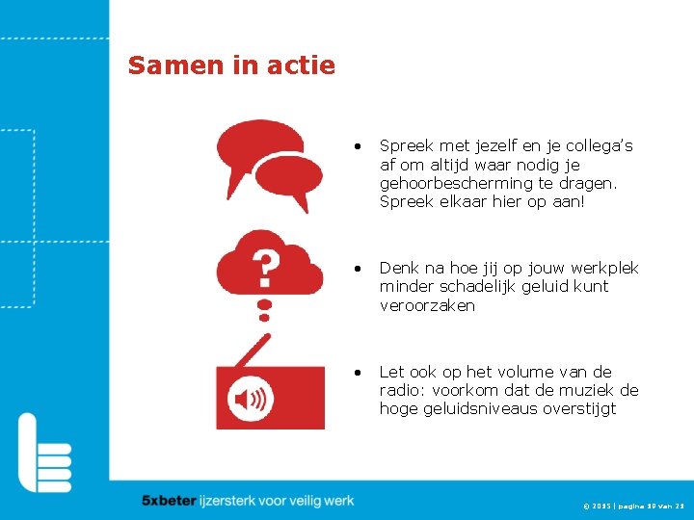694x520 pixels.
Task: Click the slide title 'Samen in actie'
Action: [231, 65]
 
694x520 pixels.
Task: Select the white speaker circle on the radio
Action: [251, 399]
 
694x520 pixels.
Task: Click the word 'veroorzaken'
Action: [427, 305]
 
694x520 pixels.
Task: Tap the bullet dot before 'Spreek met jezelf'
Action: [357, 146]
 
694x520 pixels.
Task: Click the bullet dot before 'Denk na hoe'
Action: [357, 268]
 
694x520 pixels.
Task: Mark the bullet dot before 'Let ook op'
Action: [357, 372]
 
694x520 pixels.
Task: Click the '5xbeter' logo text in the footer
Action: [169, 501]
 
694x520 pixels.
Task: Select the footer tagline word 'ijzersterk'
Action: [231, 501]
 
